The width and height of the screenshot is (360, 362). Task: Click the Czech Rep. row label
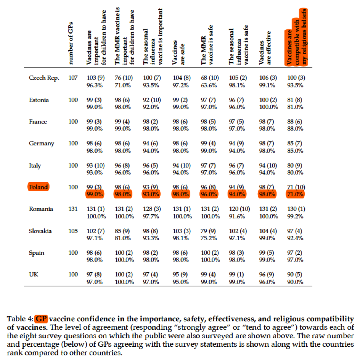[44, 78]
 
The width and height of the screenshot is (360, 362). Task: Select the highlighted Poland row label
[39, 187]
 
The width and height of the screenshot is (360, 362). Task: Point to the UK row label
[33, 275]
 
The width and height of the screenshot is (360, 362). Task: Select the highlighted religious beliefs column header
[297, 37]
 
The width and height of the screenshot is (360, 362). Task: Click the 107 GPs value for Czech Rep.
[73, 78]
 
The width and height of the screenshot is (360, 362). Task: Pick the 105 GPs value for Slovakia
[73, 231]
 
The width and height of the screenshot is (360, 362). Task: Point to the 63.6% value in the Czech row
[209, 85]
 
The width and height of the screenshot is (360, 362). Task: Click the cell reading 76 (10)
[124, 78]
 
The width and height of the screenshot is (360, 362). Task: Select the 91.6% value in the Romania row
[237, 216]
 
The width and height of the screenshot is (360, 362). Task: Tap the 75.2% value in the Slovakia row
[209, 238]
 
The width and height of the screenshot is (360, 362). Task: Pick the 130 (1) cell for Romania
[296, 209]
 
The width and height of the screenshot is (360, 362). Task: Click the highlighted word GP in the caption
[42, 319]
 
